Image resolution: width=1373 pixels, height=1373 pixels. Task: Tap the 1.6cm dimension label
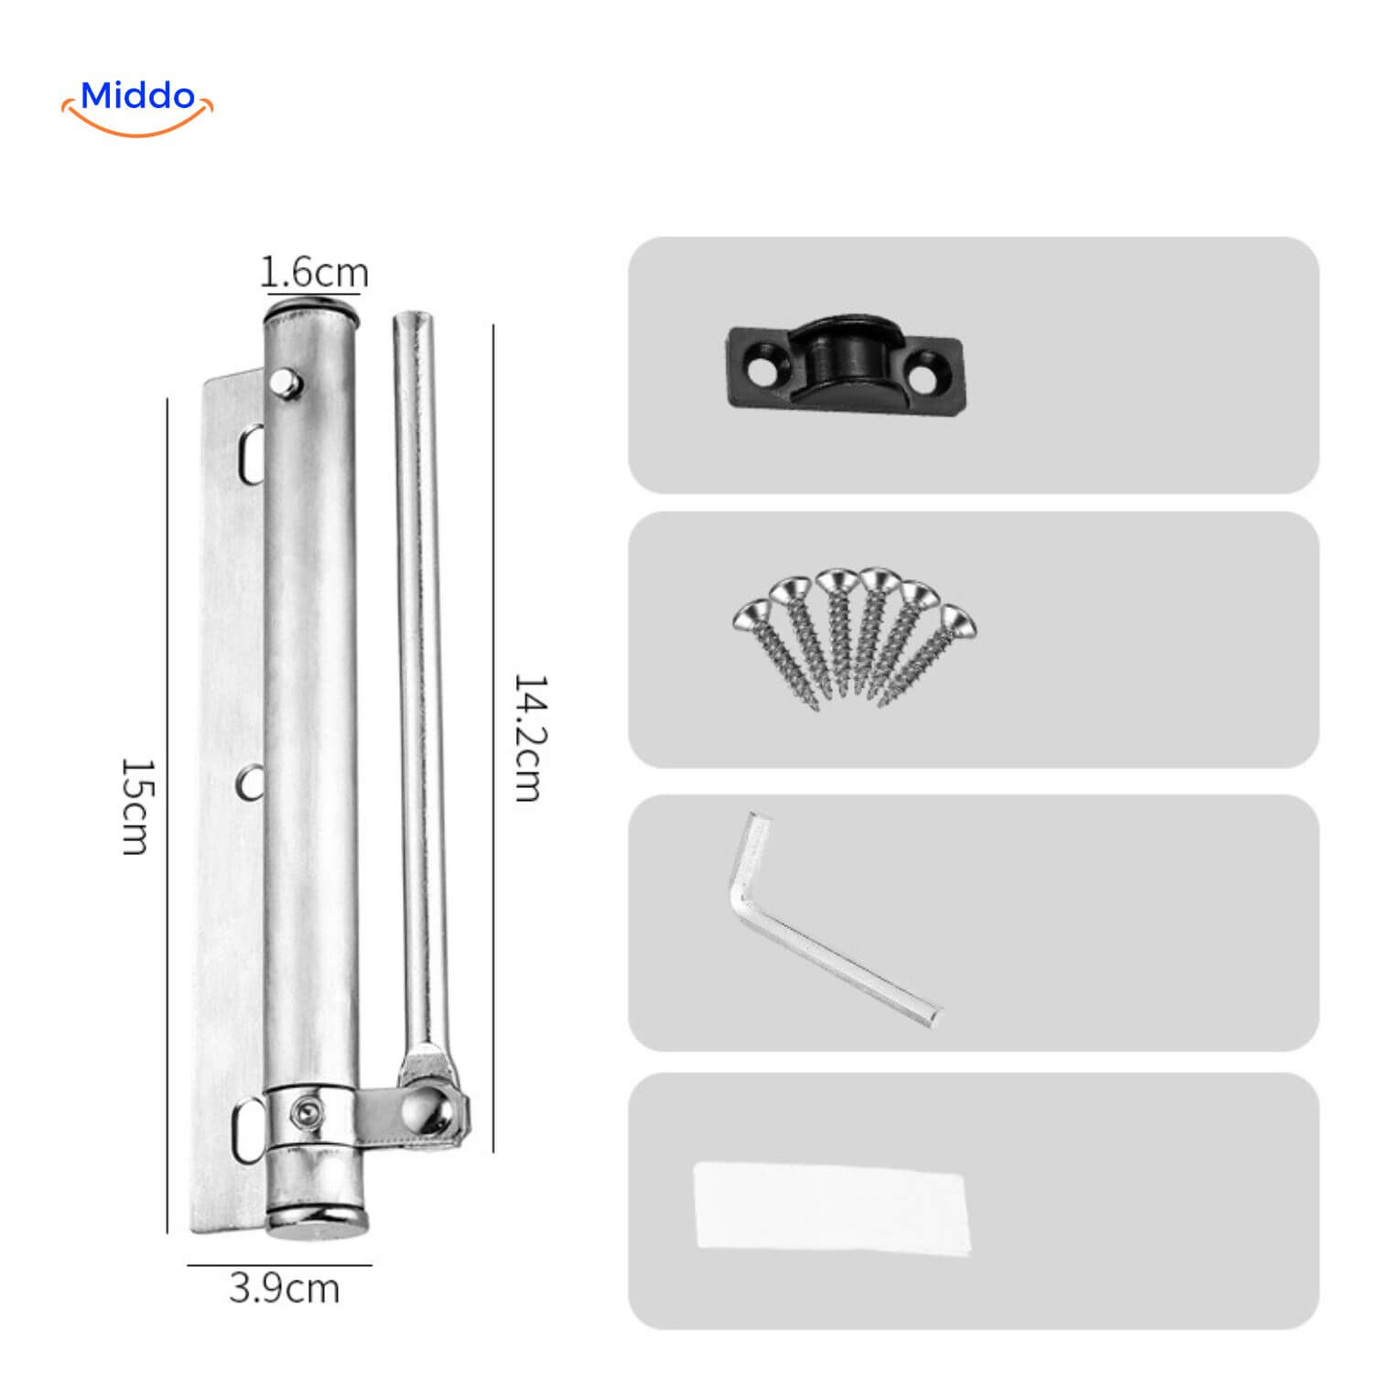coord(314,272)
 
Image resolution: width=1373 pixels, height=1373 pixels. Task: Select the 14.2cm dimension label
coord(528,738)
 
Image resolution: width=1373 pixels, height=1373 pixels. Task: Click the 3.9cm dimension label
coord(284,1288)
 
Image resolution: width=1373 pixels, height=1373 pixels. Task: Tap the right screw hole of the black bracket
coord(933,374)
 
